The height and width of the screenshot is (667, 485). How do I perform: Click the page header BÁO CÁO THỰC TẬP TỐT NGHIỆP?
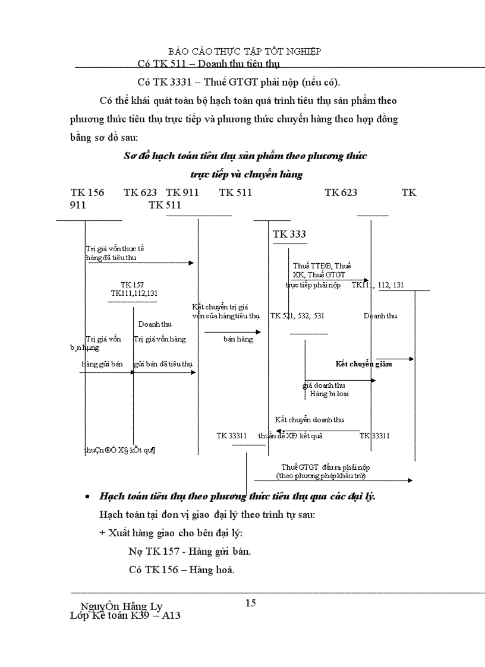[x=245, y=52]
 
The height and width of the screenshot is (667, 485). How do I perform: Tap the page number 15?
[x=250, y=603]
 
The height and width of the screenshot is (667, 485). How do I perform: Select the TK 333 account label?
[x=289, y=235]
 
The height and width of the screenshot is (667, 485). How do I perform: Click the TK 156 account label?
[x=87, y=192]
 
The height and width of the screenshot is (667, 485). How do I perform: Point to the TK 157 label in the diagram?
[x=132, y=285]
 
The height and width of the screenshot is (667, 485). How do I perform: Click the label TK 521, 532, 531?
[x=297, y=316]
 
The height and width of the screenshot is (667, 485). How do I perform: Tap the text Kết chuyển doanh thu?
[x=309, y=420]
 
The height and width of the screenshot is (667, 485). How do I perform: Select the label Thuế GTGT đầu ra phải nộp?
[x=325, y=467]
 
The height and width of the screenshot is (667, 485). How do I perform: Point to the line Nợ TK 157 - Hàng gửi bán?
[x=190, y=551]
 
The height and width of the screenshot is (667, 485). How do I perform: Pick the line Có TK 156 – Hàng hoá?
[x=181, y=570]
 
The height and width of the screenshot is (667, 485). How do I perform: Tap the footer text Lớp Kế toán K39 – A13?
[x=125, y=615]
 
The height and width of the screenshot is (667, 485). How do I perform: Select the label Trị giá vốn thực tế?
[x=115, y=249]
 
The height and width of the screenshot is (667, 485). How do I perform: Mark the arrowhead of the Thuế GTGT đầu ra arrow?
[x=410, y=480]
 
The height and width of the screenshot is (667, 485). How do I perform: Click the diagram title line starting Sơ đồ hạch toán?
[x=245, y=156]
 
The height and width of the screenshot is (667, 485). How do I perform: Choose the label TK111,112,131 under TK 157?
[x=134, y=293]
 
